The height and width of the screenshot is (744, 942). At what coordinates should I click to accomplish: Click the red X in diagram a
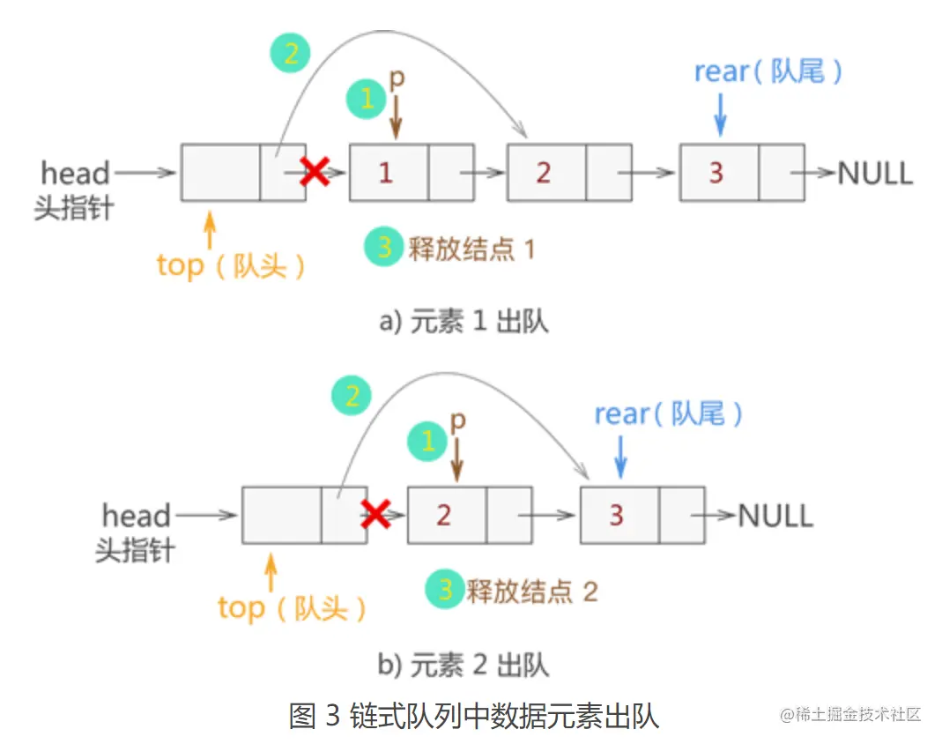(315, 172)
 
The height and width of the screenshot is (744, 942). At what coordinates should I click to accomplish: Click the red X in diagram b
(376, 513)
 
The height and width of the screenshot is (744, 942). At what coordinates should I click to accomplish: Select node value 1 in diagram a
(386, 173)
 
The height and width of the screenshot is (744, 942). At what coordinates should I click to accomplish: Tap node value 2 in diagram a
(544, 173)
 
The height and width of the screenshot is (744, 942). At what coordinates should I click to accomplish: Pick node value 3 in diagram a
(716, 173)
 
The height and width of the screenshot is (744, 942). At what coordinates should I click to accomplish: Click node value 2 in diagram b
(444, 515)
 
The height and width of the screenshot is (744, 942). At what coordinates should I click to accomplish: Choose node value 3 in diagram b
(617, 515)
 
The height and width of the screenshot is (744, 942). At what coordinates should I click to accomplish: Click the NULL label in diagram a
(874, 173)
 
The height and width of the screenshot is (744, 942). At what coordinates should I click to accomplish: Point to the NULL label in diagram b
(775, 515)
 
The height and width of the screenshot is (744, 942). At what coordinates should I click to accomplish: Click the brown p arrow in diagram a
(396, 116)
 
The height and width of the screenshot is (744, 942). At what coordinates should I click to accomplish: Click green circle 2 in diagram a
(291, 55)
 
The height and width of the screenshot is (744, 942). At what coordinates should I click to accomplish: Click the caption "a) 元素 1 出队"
(464, 322)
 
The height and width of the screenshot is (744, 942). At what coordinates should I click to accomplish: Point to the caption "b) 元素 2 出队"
(464, 664)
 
